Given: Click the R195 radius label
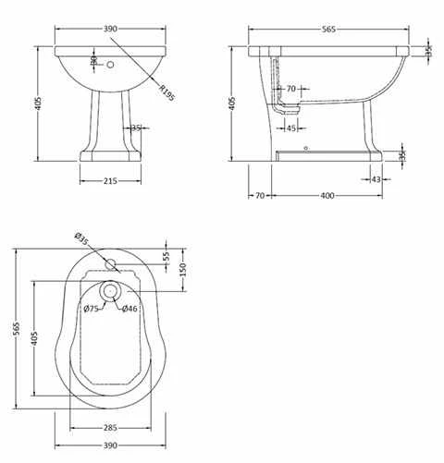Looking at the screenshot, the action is tap(166, 92).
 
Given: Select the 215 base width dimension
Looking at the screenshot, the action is tap(110, 181).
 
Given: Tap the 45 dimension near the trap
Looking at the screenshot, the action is tap(290, 128).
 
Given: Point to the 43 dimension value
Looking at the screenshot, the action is tap(376, 179).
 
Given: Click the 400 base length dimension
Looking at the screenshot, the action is tap(327, 196).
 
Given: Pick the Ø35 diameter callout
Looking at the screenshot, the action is tap(81, 238).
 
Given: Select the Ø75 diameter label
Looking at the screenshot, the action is tap(92, 308).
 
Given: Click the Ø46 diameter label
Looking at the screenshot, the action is tap(129, 308).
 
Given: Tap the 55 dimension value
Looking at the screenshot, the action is tap(166, 256).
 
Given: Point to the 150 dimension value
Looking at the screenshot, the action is tap(183, 270).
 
